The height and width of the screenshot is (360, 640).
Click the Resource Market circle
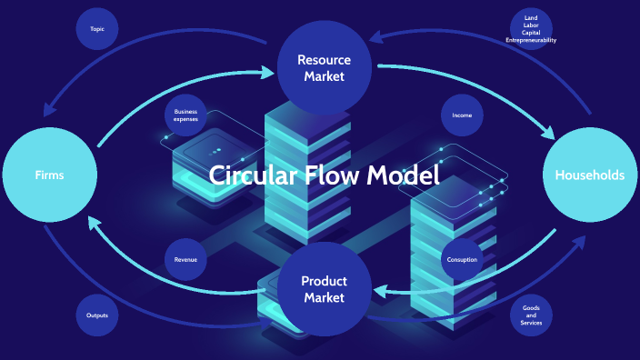point(324,67)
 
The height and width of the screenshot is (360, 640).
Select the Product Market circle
point(325,289)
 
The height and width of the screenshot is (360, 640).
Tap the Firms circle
point(49,175)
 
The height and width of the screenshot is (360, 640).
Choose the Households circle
point(589,175)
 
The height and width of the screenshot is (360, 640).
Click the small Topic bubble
point(97,29)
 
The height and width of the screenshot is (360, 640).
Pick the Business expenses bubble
point(185,115)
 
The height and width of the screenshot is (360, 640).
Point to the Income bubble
point(462,115)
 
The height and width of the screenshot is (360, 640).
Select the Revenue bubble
point(185,260)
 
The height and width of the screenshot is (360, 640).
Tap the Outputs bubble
point(97,315)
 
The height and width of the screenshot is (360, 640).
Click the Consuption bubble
point(462,260)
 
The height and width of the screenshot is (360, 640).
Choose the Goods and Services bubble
point(532,315)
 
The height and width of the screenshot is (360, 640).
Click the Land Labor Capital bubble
point(532,29)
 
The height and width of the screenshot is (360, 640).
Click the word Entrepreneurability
point(532,41)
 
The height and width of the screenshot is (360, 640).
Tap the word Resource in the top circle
point(324,60)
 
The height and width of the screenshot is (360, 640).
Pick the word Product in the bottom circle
point(325,281)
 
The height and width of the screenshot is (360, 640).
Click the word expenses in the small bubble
point(185,120)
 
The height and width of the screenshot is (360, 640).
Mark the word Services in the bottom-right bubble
point(532,323)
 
